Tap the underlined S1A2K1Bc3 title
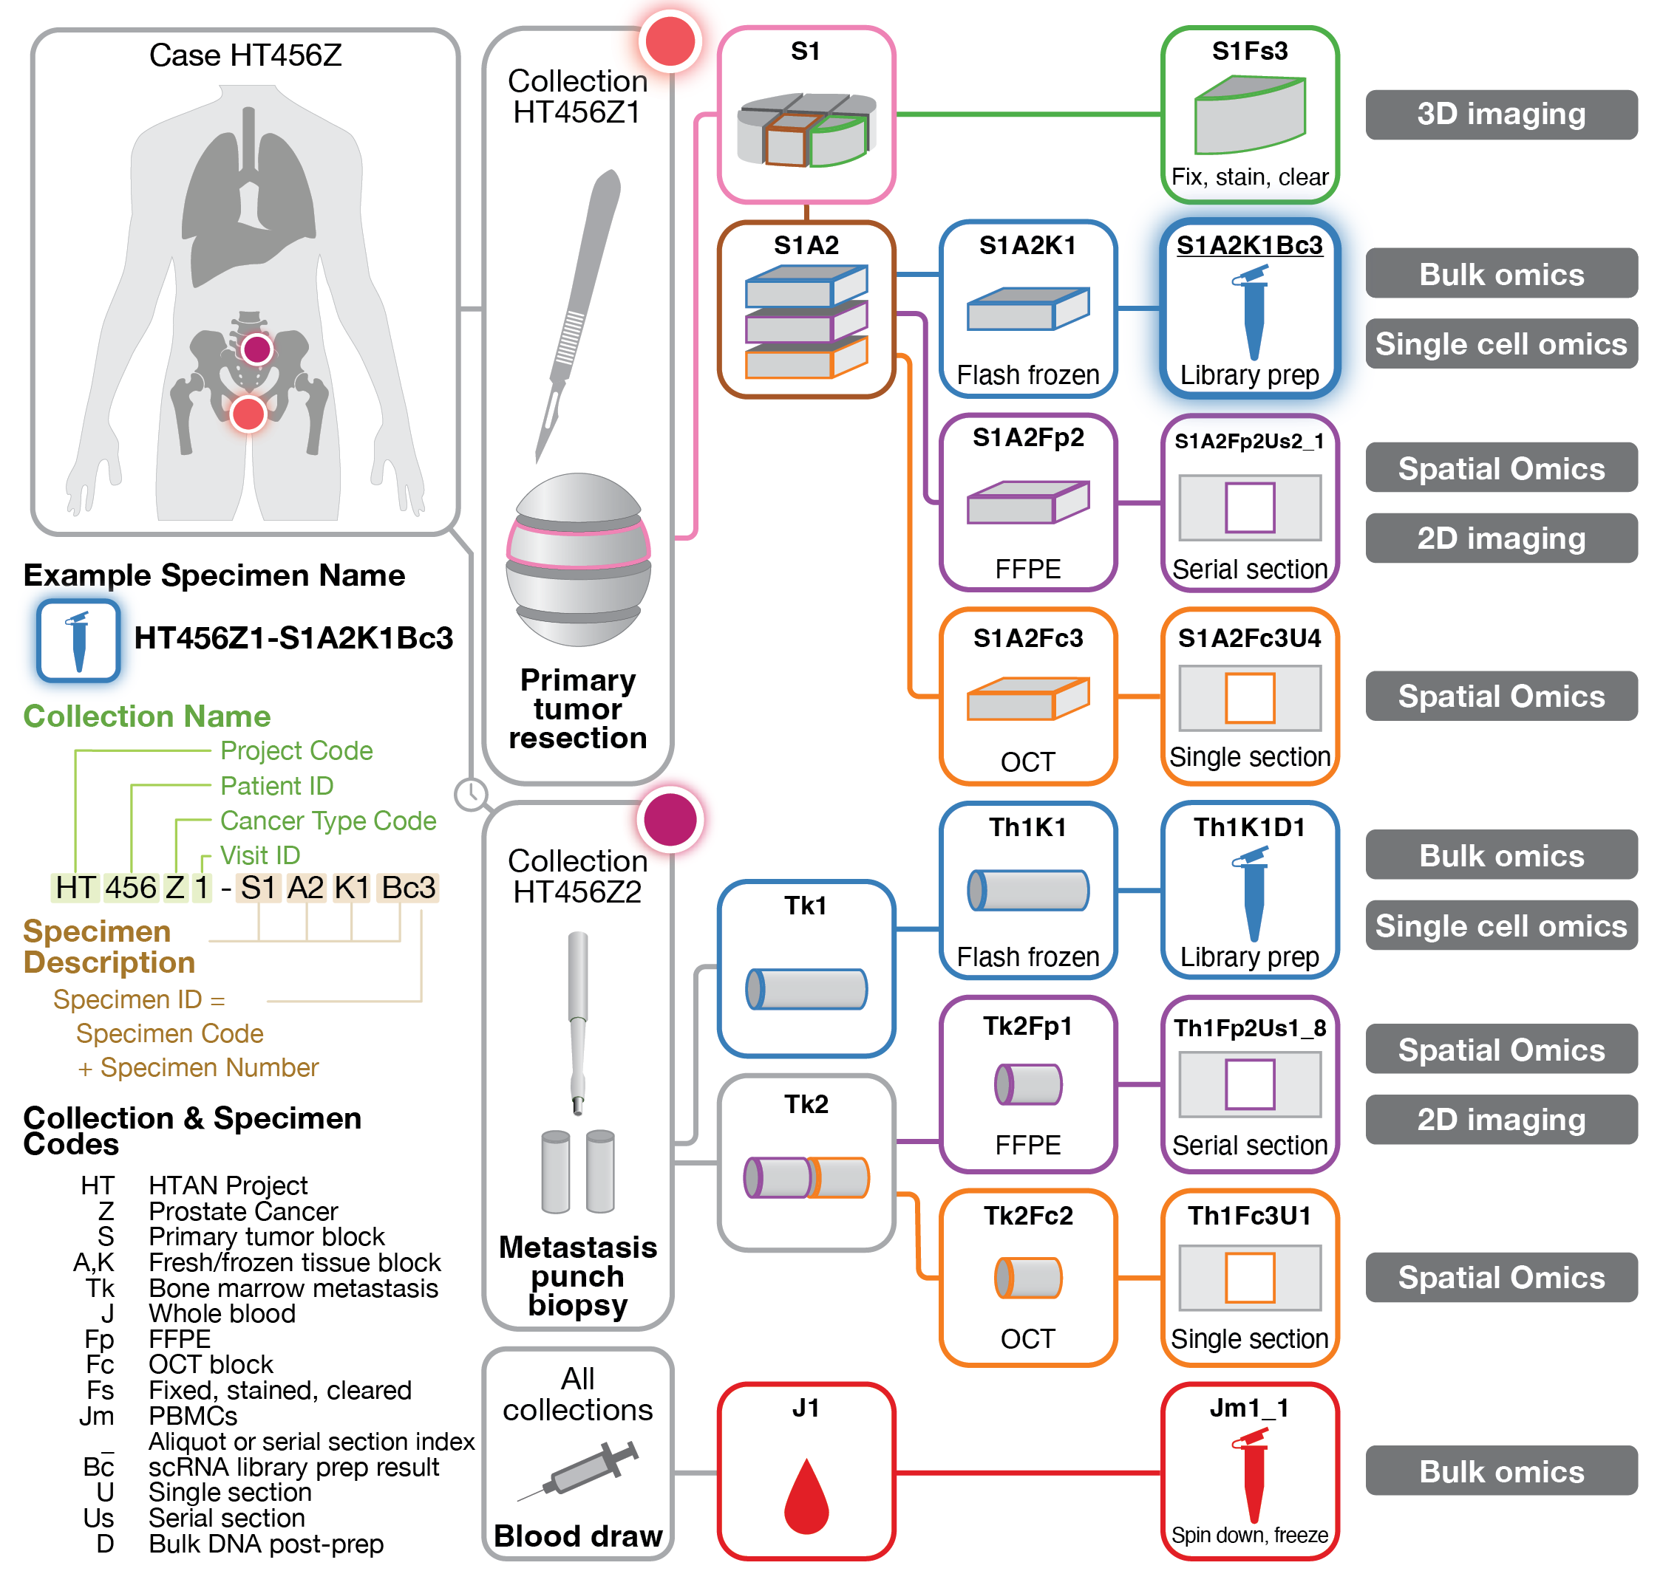pyautogui.click(x=1249, y=245)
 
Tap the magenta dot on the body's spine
pyautogui.click(x=256, y=349)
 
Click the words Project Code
pyautogui.click(x=296, y=750)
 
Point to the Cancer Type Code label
pyautogui.click(x=327, y=821)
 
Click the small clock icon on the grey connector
pyautogui.click(x=471, y=793)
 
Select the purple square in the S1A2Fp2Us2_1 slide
pyautogui.click(x=1249, y=507)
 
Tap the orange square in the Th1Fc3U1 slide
pyautogui.click(x=1249, y=1278)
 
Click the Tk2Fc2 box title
pyautogui.click(x=1028, y=1215)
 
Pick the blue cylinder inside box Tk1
pyautogui.click(x=806, y=989)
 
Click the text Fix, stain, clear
pyautogui.click(x=1249, y=177)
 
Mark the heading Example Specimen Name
pyautogui.click(x=214, y=575)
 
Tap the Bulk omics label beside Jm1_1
pyautogui.click(x=1500, y=1471)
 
